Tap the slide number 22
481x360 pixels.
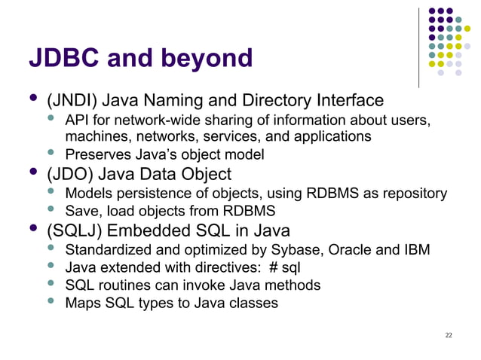coord(449,334)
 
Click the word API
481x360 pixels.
coord(78,121)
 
